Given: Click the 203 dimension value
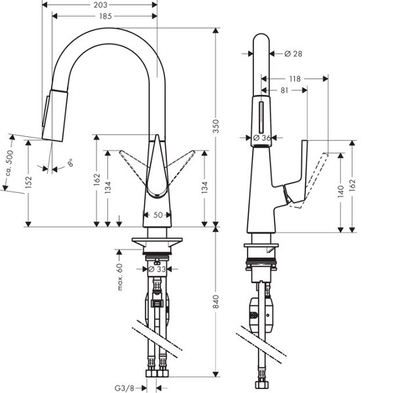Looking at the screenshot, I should coord(100,4).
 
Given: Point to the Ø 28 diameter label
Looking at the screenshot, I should coord(293,53).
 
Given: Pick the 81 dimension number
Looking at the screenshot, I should coord(283,90).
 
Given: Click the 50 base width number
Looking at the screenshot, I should coord(158,215).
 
